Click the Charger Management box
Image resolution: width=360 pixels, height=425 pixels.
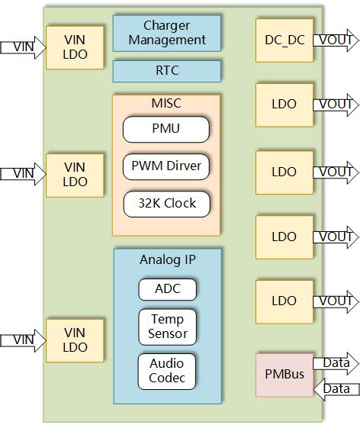[x=167, y=32]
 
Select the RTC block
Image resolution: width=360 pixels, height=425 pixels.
[x=167, y=71]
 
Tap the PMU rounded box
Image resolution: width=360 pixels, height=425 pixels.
[x=166, y=128]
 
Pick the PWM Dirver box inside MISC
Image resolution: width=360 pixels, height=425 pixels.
[x=166, y=166]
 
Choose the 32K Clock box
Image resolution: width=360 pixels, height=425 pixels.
[x=166, y=203]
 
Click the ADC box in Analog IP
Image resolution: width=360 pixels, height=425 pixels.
[x=167, y=289]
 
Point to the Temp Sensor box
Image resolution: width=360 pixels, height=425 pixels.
[x=167, y=326]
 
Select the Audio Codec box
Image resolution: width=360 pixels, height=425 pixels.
[x=167, y=370]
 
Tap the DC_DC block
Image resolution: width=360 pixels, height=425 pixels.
[x=283, y=40]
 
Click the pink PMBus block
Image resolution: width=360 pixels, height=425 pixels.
[x=283, y=375]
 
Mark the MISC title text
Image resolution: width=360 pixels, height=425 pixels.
[x=166, y=103]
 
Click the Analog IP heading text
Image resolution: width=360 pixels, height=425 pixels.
[x=167, y=259]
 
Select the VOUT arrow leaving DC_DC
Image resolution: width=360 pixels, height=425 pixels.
[x=335, y=40]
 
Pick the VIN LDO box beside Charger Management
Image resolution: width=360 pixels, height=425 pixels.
[x=75, y=47]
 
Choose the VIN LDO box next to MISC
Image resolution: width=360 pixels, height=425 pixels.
[x=75, y=175]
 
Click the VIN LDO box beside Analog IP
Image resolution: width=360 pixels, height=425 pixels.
[x=75, y=340]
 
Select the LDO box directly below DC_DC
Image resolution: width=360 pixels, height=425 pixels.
[x=283, y=105]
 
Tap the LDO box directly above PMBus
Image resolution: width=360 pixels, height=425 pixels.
[x=283, y=301]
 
